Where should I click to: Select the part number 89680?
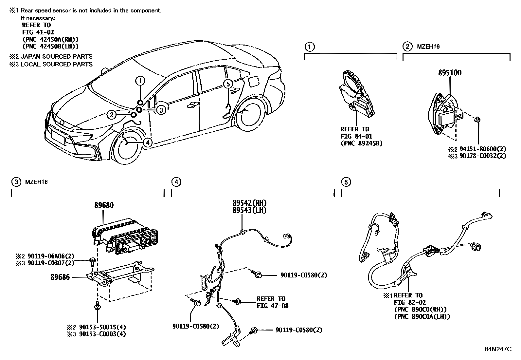pos(104,205)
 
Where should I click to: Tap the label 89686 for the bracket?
pos(60,277)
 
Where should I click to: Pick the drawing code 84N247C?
pos(498,349)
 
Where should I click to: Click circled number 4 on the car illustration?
pos(148,142)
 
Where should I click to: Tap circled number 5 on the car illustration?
pos(228,84)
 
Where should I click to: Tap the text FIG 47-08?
pos(272,306)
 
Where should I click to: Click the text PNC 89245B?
pos(361,143)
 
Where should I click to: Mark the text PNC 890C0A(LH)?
pos(422,316)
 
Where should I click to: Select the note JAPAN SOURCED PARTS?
pos(56,57)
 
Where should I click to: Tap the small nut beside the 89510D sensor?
pos(477,119)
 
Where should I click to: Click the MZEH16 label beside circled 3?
pos(36,182)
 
